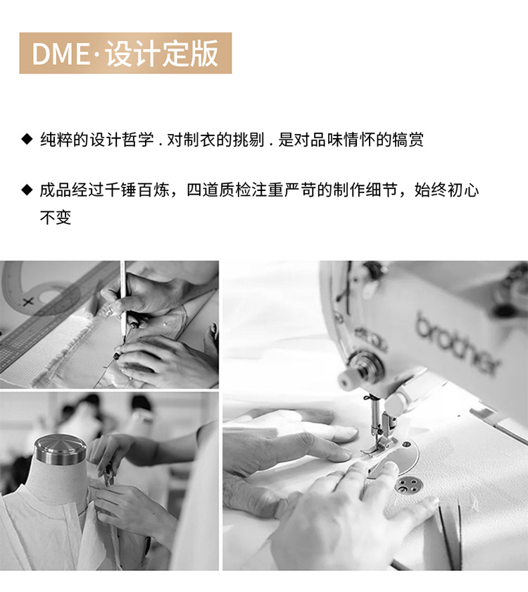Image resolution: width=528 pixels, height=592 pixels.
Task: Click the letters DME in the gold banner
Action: point(61,54)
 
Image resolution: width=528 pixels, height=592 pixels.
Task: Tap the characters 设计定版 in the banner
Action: point(162,54)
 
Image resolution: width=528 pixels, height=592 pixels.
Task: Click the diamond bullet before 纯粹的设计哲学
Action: point(27,139)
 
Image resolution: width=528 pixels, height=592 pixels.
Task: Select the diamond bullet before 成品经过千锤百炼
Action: point(27,190)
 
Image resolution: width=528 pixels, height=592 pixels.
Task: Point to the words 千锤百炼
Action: point(137,190)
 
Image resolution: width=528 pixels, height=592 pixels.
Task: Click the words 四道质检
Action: point(219,190)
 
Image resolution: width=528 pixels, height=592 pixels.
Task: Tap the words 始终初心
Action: point(446,190)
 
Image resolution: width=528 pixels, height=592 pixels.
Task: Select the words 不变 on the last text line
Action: point(56,218)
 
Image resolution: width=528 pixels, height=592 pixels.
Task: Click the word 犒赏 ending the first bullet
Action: point(408,140)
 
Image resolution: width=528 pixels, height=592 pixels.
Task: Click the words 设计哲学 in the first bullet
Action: point(122,140)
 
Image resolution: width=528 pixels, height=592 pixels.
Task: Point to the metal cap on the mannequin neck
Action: point(61,450)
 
